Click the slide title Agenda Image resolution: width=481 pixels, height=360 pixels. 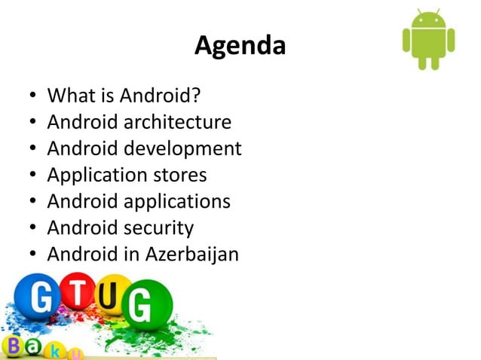(240, 47)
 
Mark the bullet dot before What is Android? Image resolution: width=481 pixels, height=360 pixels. (31, 96)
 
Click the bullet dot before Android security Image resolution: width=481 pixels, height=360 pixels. (31, 228)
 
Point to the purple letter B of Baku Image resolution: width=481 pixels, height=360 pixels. (12, 347)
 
